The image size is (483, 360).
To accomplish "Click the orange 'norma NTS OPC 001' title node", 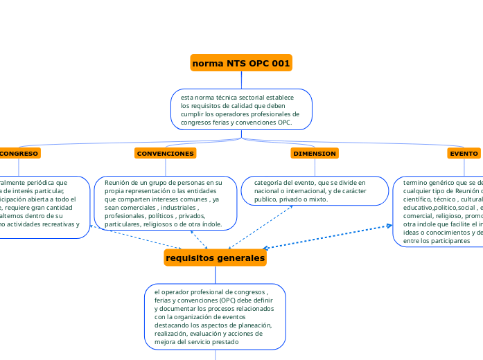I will click(241, 64).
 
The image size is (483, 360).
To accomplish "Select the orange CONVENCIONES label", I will click(165, 153).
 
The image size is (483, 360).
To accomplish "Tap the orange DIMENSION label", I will click(315, 153).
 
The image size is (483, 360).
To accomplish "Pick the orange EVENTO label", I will click(464, 153).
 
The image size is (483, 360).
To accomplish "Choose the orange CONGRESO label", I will click(19, 153).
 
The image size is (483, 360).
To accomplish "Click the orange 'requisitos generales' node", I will click(216, 258).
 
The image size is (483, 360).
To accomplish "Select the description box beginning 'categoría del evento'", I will click(315, 191).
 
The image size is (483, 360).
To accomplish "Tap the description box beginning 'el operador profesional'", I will click(215, 317).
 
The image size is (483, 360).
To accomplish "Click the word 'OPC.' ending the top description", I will click(285, 123).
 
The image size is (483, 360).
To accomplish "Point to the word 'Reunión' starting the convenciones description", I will click(118, 183).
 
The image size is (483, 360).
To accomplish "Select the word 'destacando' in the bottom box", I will click(173, 325).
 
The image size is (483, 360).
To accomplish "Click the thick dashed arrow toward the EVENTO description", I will click(326, 237).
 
